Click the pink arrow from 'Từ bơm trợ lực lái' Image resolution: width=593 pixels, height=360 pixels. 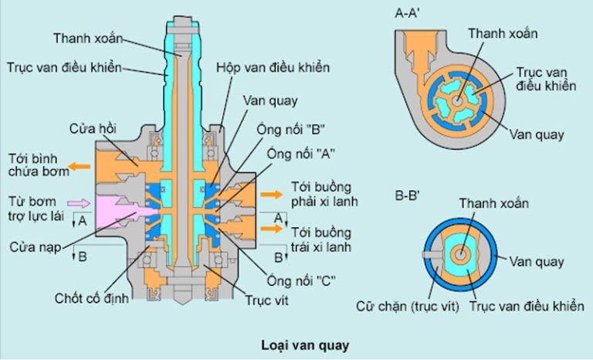tap(80, 202)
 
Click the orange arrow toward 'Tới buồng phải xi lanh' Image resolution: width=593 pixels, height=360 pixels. tap(272, 195)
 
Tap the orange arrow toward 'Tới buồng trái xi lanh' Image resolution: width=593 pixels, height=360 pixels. tap(272, 231)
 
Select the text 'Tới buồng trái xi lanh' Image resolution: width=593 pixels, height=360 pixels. tap(321, 239)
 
